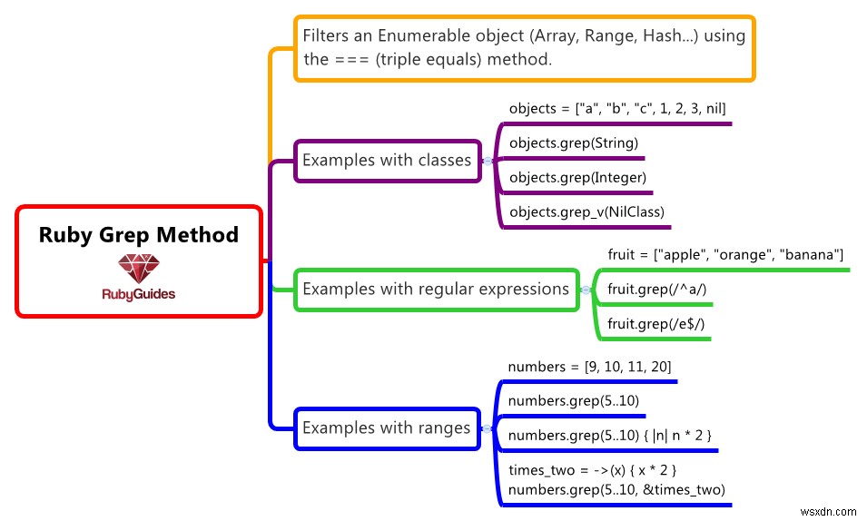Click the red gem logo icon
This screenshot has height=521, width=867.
tap(138, 268)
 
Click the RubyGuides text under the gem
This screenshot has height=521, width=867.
tap(139, 294)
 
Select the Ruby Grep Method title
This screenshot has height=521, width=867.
tap(139, 235)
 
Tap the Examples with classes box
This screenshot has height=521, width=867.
tap(387, 161)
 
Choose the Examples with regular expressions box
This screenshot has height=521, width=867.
tap(436, 290)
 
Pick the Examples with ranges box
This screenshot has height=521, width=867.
tap(387, 428)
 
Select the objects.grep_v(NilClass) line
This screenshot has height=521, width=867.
tap(586, 212)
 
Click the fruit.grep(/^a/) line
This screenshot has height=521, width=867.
tap(656, 289)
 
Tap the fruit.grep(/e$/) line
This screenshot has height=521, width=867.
tap(657, 323)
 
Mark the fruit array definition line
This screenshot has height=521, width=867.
tap(725, 254)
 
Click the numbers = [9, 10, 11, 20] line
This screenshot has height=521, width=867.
tap(589, 367)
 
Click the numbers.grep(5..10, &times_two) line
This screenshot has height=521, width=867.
tap(616, 490)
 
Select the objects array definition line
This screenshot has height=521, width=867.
tap(617, 108)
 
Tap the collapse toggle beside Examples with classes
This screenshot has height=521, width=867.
tap(488, 161)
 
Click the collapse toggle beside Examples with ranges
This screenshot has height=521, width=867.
tap(487, 428)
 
